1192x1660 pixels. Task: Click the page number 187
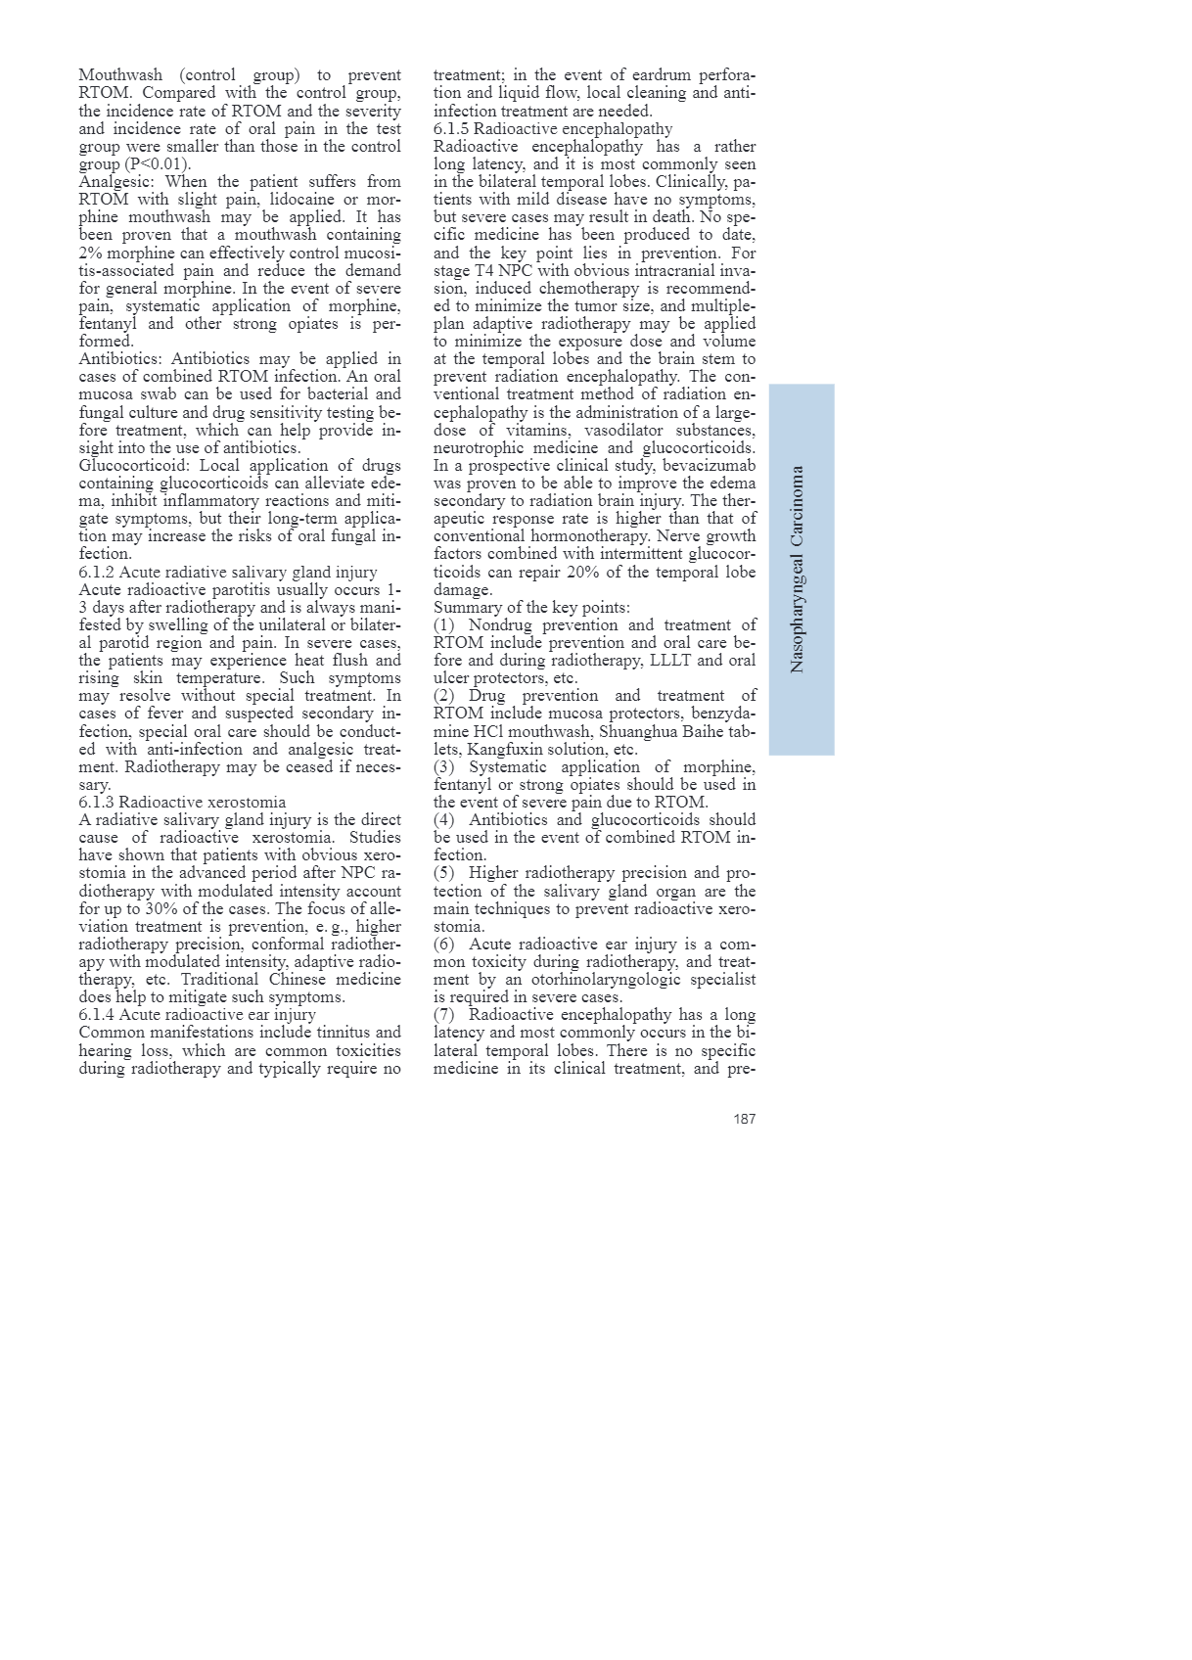744,1119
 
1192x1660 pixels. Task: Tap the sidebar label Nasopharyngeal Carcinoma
798,569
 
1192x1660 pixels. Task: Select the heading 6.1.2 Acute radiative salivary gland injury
228,573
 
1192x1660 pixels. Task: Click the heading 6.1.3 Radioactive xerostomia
182,803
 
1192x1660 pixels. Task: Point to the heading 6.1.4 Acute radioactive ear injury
197,1015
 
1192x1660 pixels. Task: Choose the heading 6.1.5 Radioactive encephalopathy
553,129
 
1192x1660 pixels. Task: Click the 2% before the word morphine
90,254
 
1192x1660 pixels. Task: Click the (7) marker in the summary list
445,1015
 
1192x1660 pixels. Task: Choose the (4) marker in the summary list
445,820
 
